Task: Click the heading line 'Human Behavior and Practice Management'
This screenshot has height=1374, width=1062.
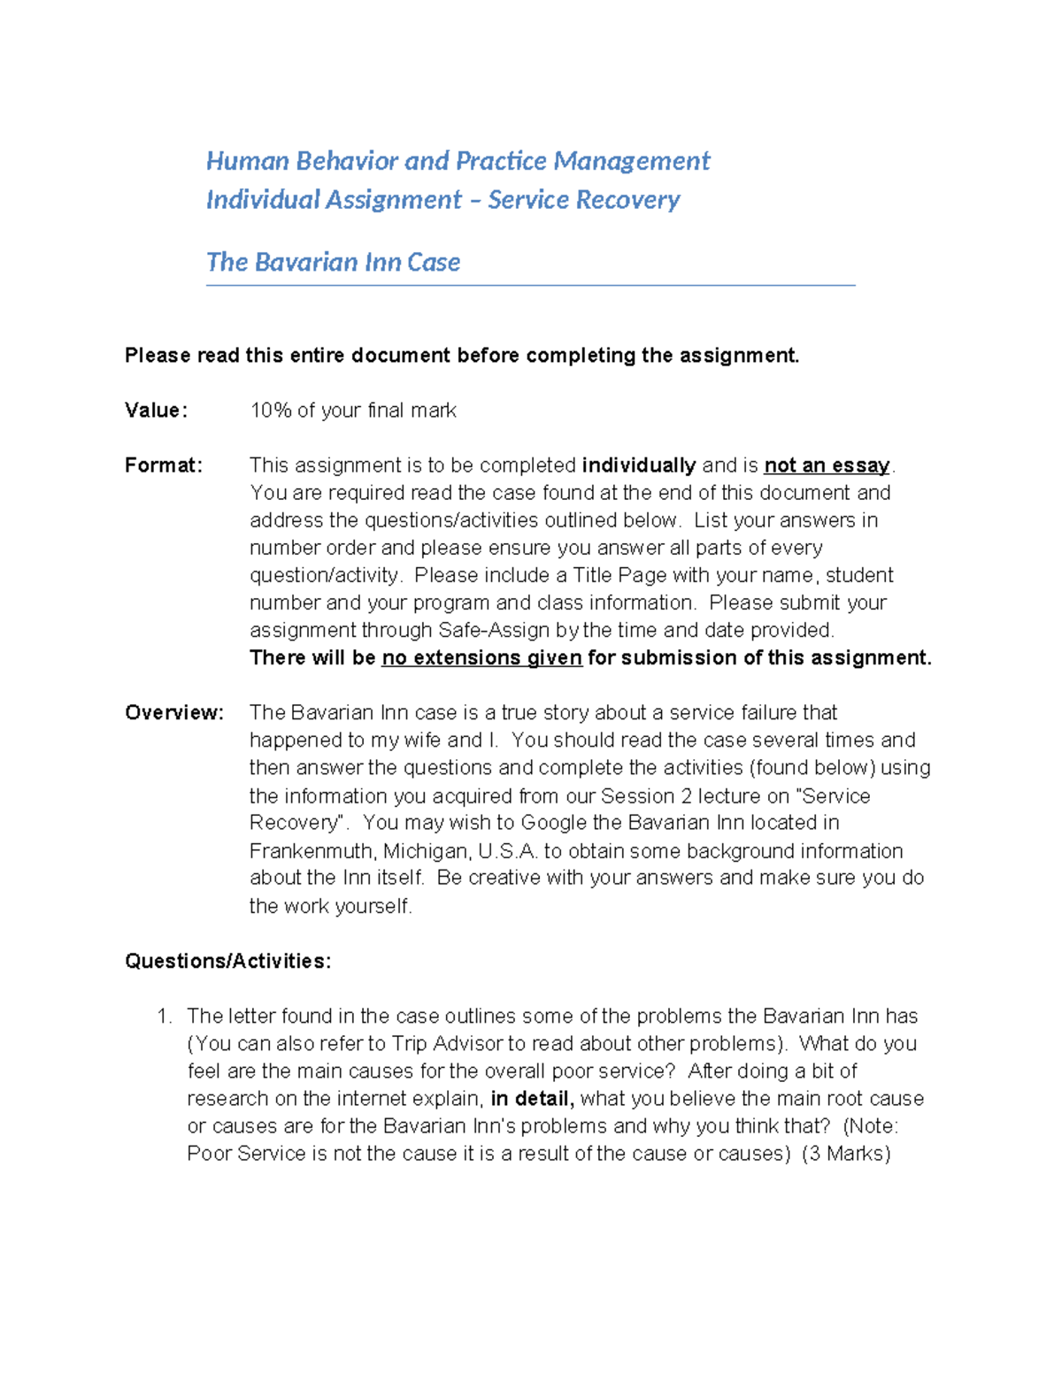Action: pos(458,161)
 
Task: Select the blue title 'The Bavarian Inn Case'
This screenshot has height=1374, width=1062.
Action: pos(333,262)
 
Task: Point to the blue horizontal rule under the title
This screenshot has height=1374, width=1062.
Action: pos(530,285)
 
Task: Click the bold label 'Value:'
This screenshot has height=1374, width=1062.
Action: pos(156,411)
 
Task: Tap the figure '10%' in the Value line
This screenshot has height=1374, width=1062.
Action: pos(270,411)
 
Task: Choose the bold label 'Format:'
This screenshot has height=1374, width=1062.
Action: pos(163,465)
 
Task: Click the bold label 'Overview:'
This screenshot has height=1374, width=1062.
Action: pos(173,713)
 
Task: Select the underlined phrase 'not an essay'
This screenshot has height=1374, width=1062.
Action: pos(827,465)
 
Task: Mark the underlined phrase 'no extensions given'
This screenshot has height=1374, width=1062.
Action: pos(481,658)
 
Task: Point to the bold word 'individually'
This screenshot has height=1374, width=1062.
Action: pos(639,465)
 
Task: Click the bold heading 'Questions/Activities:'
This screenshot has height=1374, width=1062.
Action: pos(227,962)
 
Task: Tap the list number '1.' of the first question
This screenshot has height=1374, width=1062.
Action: pos(165,1017)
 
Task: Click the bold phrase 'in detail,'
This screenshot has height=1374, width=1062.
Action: pos(532,1099)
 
